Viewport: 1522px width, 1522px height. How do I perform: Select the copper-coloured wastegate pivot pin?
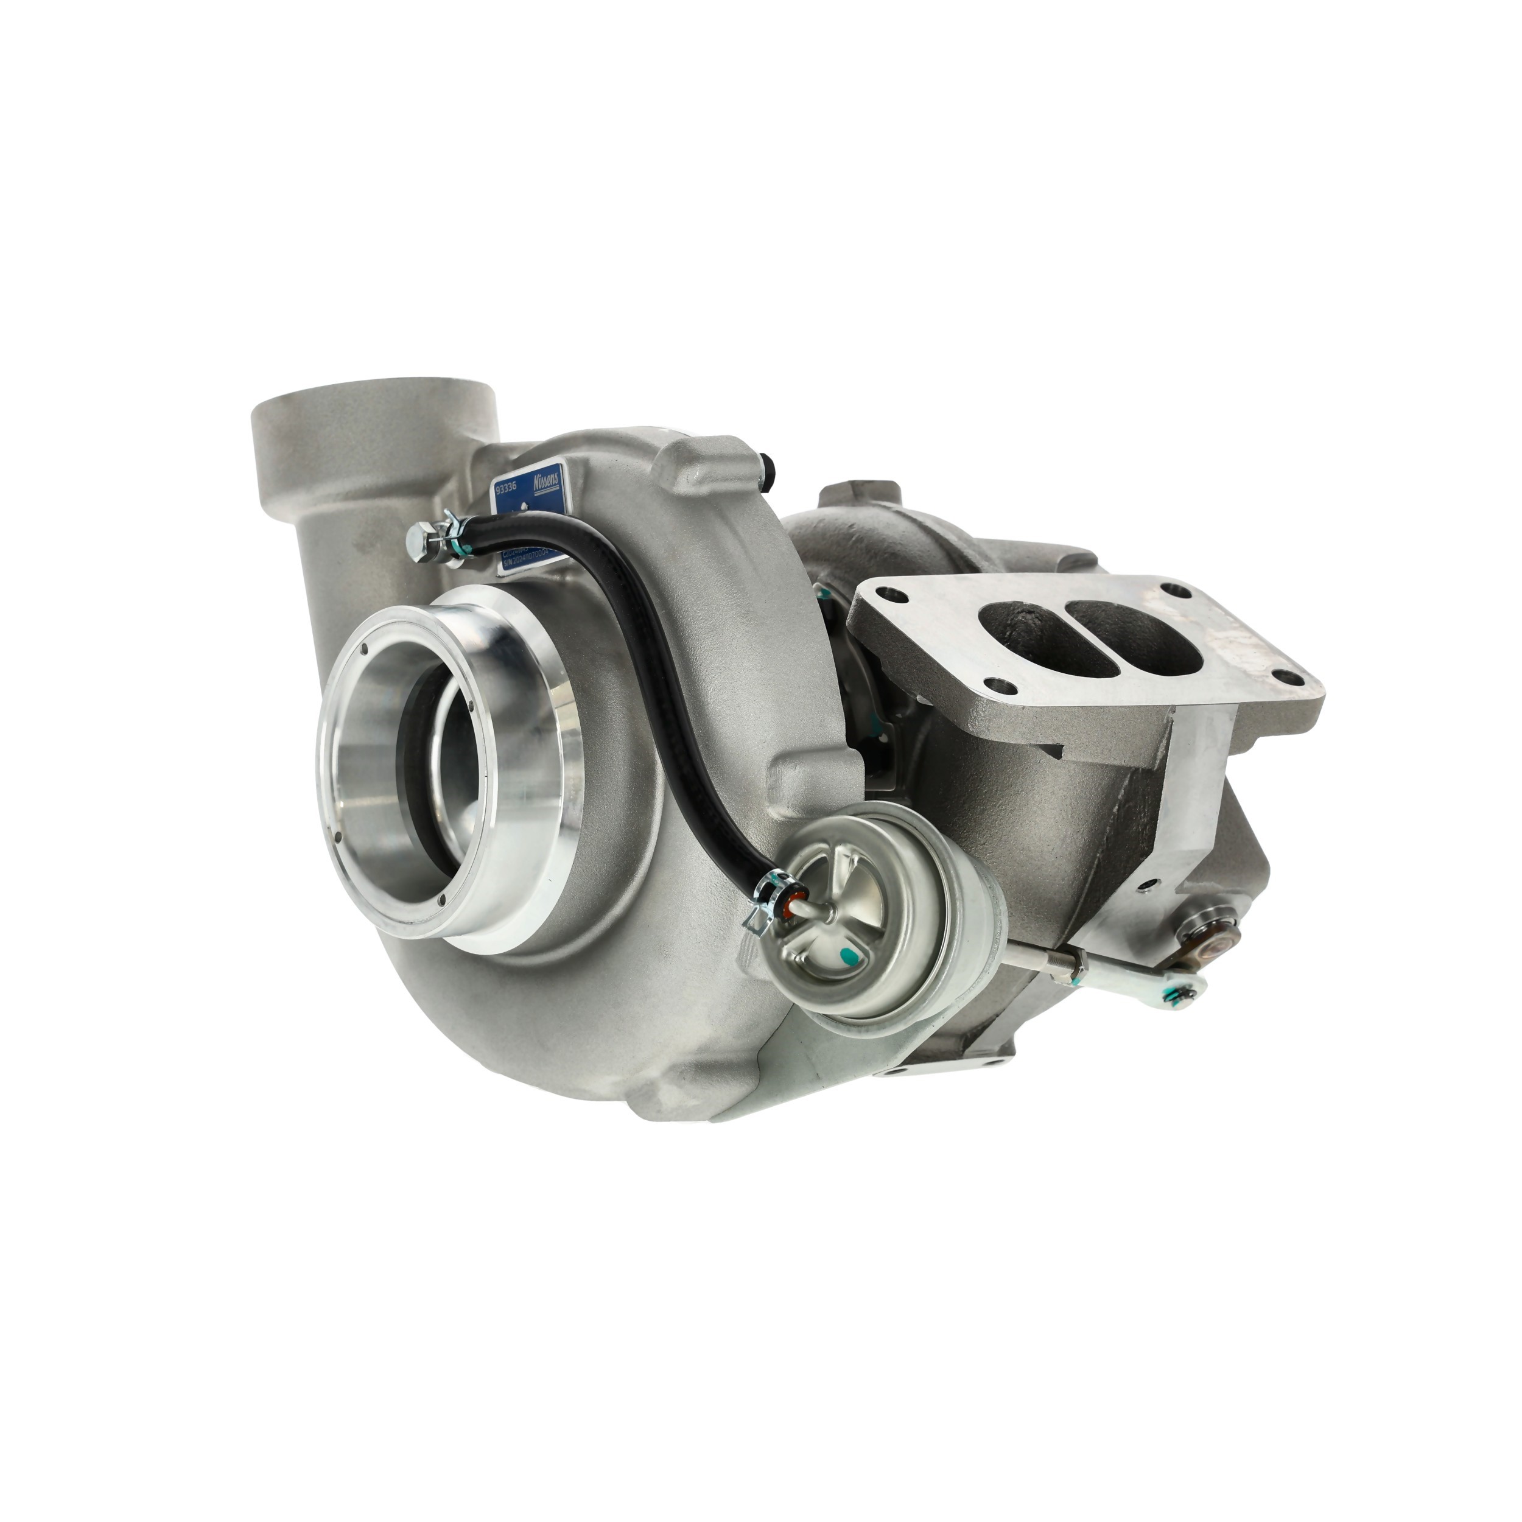(1220, 938)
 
